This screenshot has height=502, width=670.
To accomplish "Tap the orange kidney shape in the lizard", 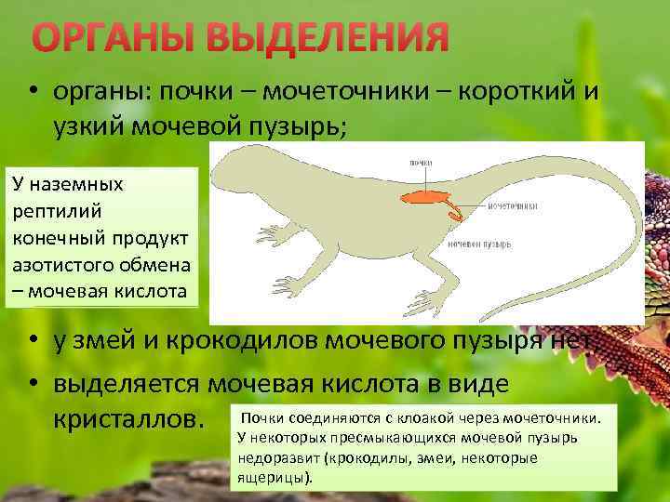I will click(422, 197).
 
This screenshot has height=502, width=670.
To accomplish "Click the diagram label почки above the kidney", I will click(420, 163).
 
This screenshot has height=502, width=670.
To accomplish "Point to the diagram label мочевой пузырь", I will click(478, 244).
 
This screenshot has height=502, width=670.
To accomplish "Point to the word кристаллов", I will click(127, 421).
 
